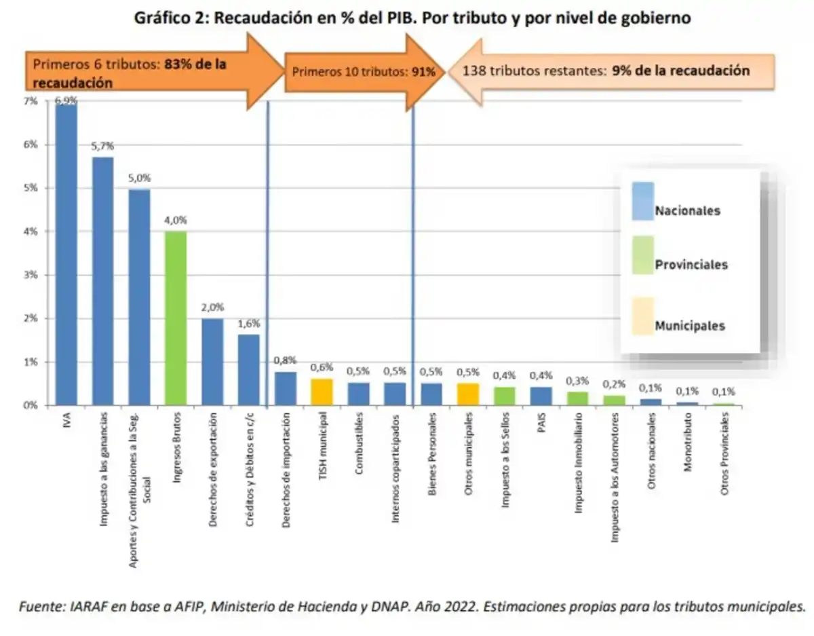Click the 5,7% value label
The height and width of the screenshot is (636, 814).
(x=103, y=146)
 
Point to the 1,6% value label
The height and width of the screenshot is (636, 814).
(x=249, y=324)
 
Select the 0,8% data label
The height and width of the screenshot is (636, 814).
(x=286, y=360)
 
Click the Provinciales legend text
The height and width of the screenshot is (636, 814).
(x=691, y=265)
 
